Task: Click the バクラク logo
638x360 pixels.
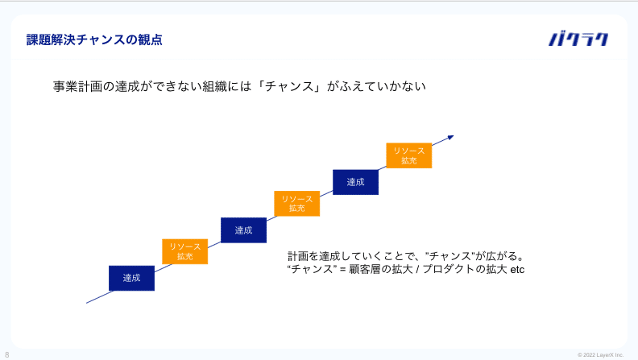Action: [578, 39]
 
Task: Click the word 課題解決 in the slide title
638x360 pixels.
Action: [51, 39]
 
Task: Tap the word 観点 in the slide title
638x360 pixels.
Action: [150, 39]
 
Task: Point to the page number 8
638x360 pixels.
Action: [7, 354]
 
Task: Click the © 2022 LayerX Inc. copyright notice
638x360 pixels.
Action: [600, 354]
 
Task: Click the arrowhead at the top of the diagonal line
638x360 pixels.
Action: [450, 138]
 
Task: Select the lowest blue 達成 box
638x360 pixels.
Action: [131, 278]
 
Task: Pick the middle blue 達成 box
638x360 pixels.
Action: [244, 230]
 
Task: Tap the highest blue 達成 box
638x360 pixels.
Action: [355, 182]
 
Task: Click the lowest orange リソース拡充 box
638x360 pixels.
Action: [185, 251]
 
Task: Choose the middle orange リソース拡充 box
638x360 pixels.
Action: [297, 204]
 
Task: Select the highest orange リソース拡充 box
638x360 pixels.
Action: [409, 155]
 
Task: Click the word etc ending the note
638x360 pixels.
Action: [517, 270]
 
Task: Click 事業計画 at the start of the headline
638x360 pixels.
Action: [77, 86]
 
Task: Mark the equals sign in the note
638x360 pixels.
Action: [342, 270]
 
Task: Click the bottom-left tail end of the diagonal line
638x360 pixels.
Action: [87, 303]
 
